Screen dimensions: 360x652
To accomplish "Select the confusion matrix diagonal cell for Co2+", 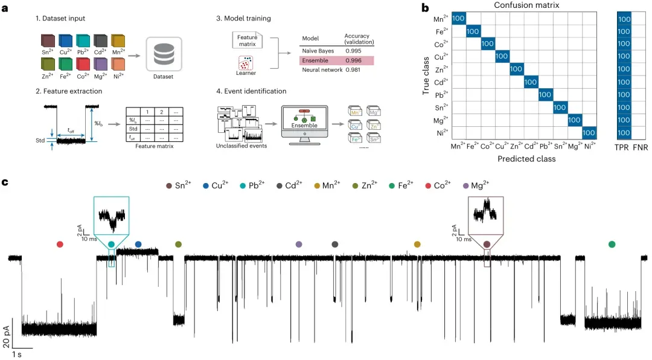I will pos(488,44).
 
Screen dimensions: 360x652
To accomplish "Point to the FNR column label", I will pos(640,146).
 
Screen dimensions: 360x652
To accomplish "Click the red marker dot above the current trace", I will pos(59,244).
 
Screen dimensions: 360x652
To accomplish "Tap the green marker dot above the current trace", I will pos(612,244).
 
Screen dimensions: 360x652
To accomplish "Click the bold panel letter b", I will pos(426,8).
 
